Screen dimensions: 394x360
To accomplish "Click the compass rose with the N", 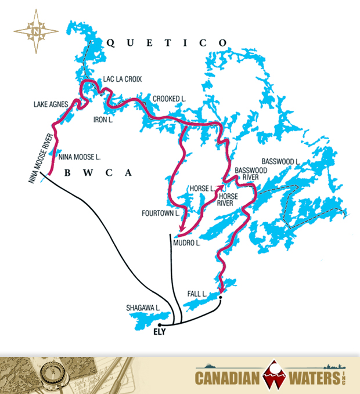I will click(37, 32).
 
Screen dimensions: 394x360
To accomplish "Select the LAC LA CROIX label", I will click(122, 78).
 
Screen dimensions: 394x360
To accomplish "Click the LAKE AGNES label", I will click(51, 104).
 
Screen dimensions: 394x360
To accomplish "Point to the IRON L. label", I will click(103, 120).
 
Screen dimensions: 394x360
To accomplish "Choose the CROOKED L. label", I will click(169, 99).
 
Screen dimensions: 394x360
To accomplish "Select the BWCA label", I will click(98, 172).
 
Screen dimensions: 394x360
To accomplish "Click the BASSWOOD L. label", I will click(280, 161).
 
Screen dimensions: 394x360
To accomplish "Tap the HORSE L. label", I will click(202, 189).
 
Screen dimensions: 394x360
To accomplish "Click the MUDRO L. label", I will click(189, 244).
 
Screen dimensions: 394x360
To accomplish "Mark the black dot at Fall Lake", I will click(220, 298).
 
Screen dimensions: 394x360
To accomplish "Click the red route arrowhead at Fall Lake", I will click(222, 290).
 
